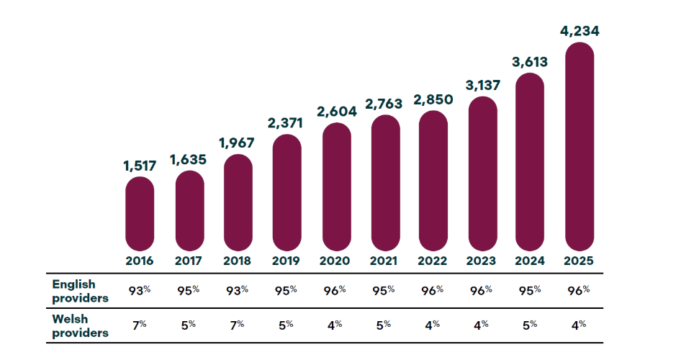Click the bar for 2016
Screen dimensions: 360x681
[x=140, y=213]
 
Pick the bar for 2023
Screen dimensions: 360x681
[x=483, y=173]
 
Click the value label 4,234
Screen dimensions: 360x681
[x=579, y=32]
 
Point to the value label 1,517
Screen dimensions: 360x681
[x=140, y=166]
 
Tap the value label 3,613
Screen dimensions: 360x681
[x=530, y=62]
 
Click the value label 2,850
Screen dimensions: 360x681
[x=433, y=99]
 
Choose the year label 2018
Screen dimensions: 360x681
[x=238, y=261]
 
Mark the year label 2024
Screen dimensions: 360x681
[x=530, y=261]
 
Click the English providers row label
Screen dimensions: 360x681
[x=79, y=291]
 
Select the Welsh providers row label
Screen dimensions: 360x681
[x=79, y=325]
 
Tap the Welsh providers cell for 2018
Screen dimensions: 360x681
[x=238, y=325]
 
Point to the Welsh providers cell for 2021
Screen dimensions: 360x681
[x=385, y=325]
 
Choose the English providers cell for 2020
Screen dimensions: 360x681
[x=335, y=290]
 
